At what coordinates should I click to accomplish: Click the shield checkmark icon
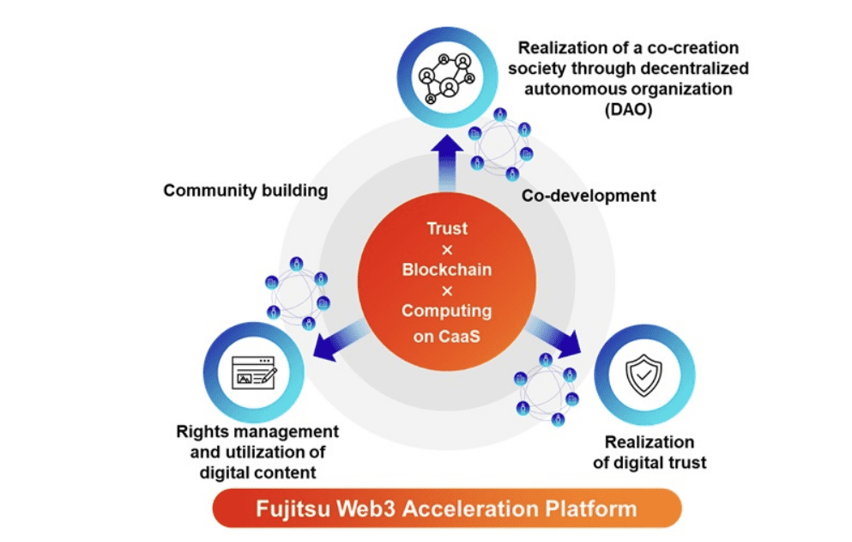[643, 375]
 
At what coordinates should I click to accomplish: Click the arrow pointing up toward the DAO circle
[445, 162]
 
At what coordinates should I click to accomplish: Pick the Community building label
[245, 190]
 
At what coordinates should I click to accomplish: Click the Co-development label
[589, 196]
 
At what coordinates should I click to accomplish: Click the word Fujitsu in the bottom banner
[293, 508]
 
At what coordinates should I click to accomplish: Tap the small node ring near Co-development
[501, 141]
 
